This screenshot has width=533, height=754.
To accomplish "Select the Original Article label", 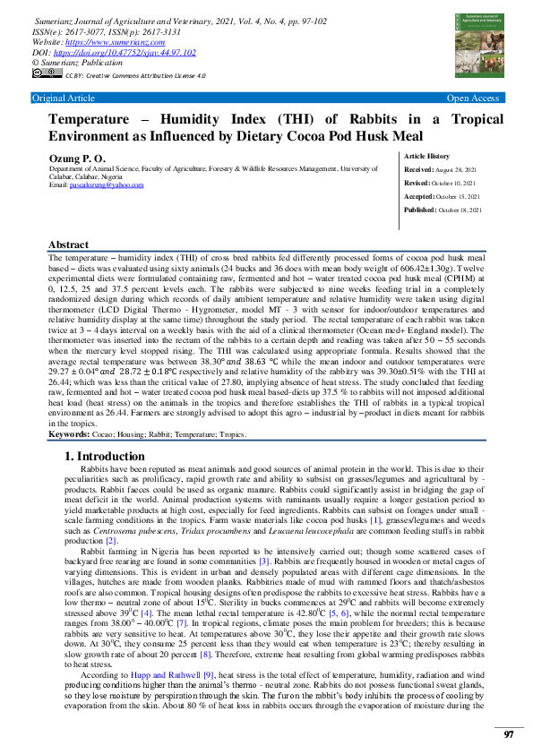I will pyautogui.click(x=63, y=98).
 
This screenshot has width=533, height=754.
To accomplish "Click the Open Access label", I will pyautogui.click(x=473, y=98).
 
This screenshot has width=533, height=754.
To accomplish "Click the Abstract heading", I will pyautogui.click(x=68, y=244).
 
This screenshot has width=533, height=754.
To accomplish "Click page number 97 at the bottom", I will pyautogui.click(x=508, y=733).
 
